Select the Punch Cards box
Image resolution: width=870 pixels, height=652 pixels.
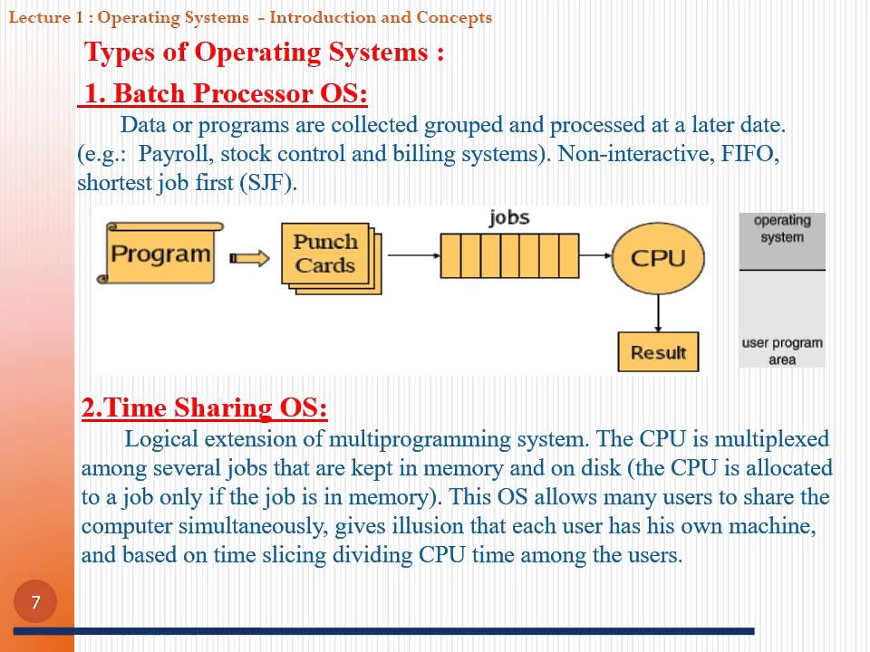325,254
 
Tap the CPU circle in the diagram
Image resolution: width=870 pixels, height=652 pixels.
658,258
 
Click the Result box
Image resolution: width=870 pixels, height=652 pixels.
658,352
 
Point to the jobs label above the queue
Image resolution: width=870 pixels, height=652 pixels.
508,217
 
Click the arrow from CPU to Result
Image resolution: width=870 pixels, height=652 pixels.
658,312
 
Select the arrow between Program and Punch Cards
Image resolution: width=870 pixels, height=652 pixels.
250,258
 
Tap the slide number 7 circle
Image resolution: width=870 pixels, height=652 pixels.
35,602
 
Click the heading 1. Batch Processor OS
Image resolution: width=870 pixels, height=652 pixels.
225,94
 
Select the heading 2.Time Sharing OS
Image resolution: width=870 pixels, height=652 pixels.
205,408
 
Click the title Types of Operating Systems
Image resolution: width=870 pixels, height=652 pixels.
264,52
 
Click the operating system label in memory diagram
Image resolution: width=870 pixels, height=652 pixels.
782,228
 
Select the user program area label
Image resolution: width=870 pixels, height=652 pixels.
782,350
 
